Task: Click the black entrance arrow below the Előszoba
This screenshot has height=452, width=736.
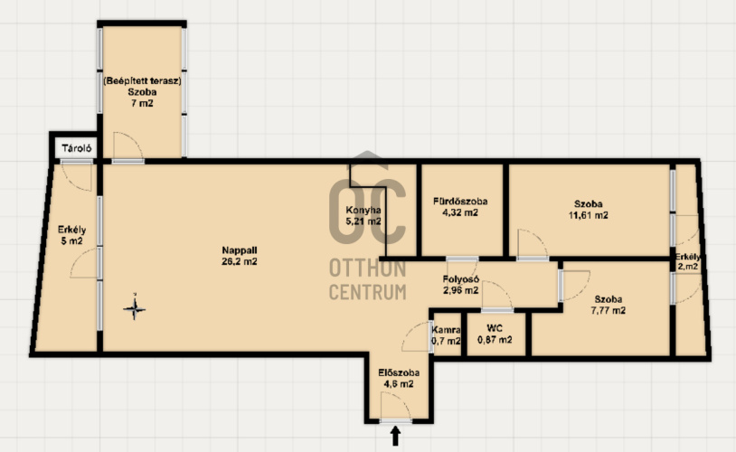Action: click(x=395, y=436)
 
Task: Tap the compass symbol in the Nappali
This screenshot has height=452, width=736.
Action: click(x=134, y=308)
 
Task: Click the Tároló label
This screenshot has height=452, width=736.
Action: click(x=77, y=148)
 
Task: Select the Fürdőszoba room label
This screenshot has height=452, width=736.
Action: click(x=460, y=207)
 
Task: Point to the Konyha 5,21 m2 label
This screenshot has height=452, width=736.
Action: click(x=363, y=216)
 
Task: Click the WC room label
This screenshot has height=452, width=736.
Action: click(x=495, y=334)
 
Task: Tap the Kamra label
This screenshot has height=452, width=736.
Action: click(x=446, y=335)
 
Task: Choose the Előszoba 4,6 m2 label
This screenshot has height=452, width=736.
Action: click(x=399, y=378)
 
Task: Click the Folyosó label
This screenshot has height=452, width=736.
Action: click(x=460, y=285)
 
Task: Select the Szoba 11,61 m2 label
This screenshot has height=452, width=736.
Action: click(x=588, y=210)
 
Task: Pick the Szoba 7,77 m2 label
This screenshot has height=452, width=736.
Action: click(x=609, y=305)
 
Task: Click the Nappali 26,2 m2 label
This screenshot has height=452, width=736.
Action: click(x=240, y=256)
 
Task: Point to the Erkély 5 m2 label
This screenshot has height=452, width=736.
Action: click(x=71, y=235)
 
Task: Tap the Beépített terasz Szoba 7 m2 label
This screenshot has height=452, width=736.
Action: click(x=142, y=92)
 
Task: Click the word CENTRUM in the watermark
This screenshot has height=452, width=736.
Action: click(x=367, y=292)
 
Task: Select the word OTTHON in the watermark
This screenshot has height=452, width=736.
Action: click(x=367, y=268)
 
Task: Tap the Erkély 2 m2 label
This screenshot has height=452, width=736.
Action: click(x=688, y=262)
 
